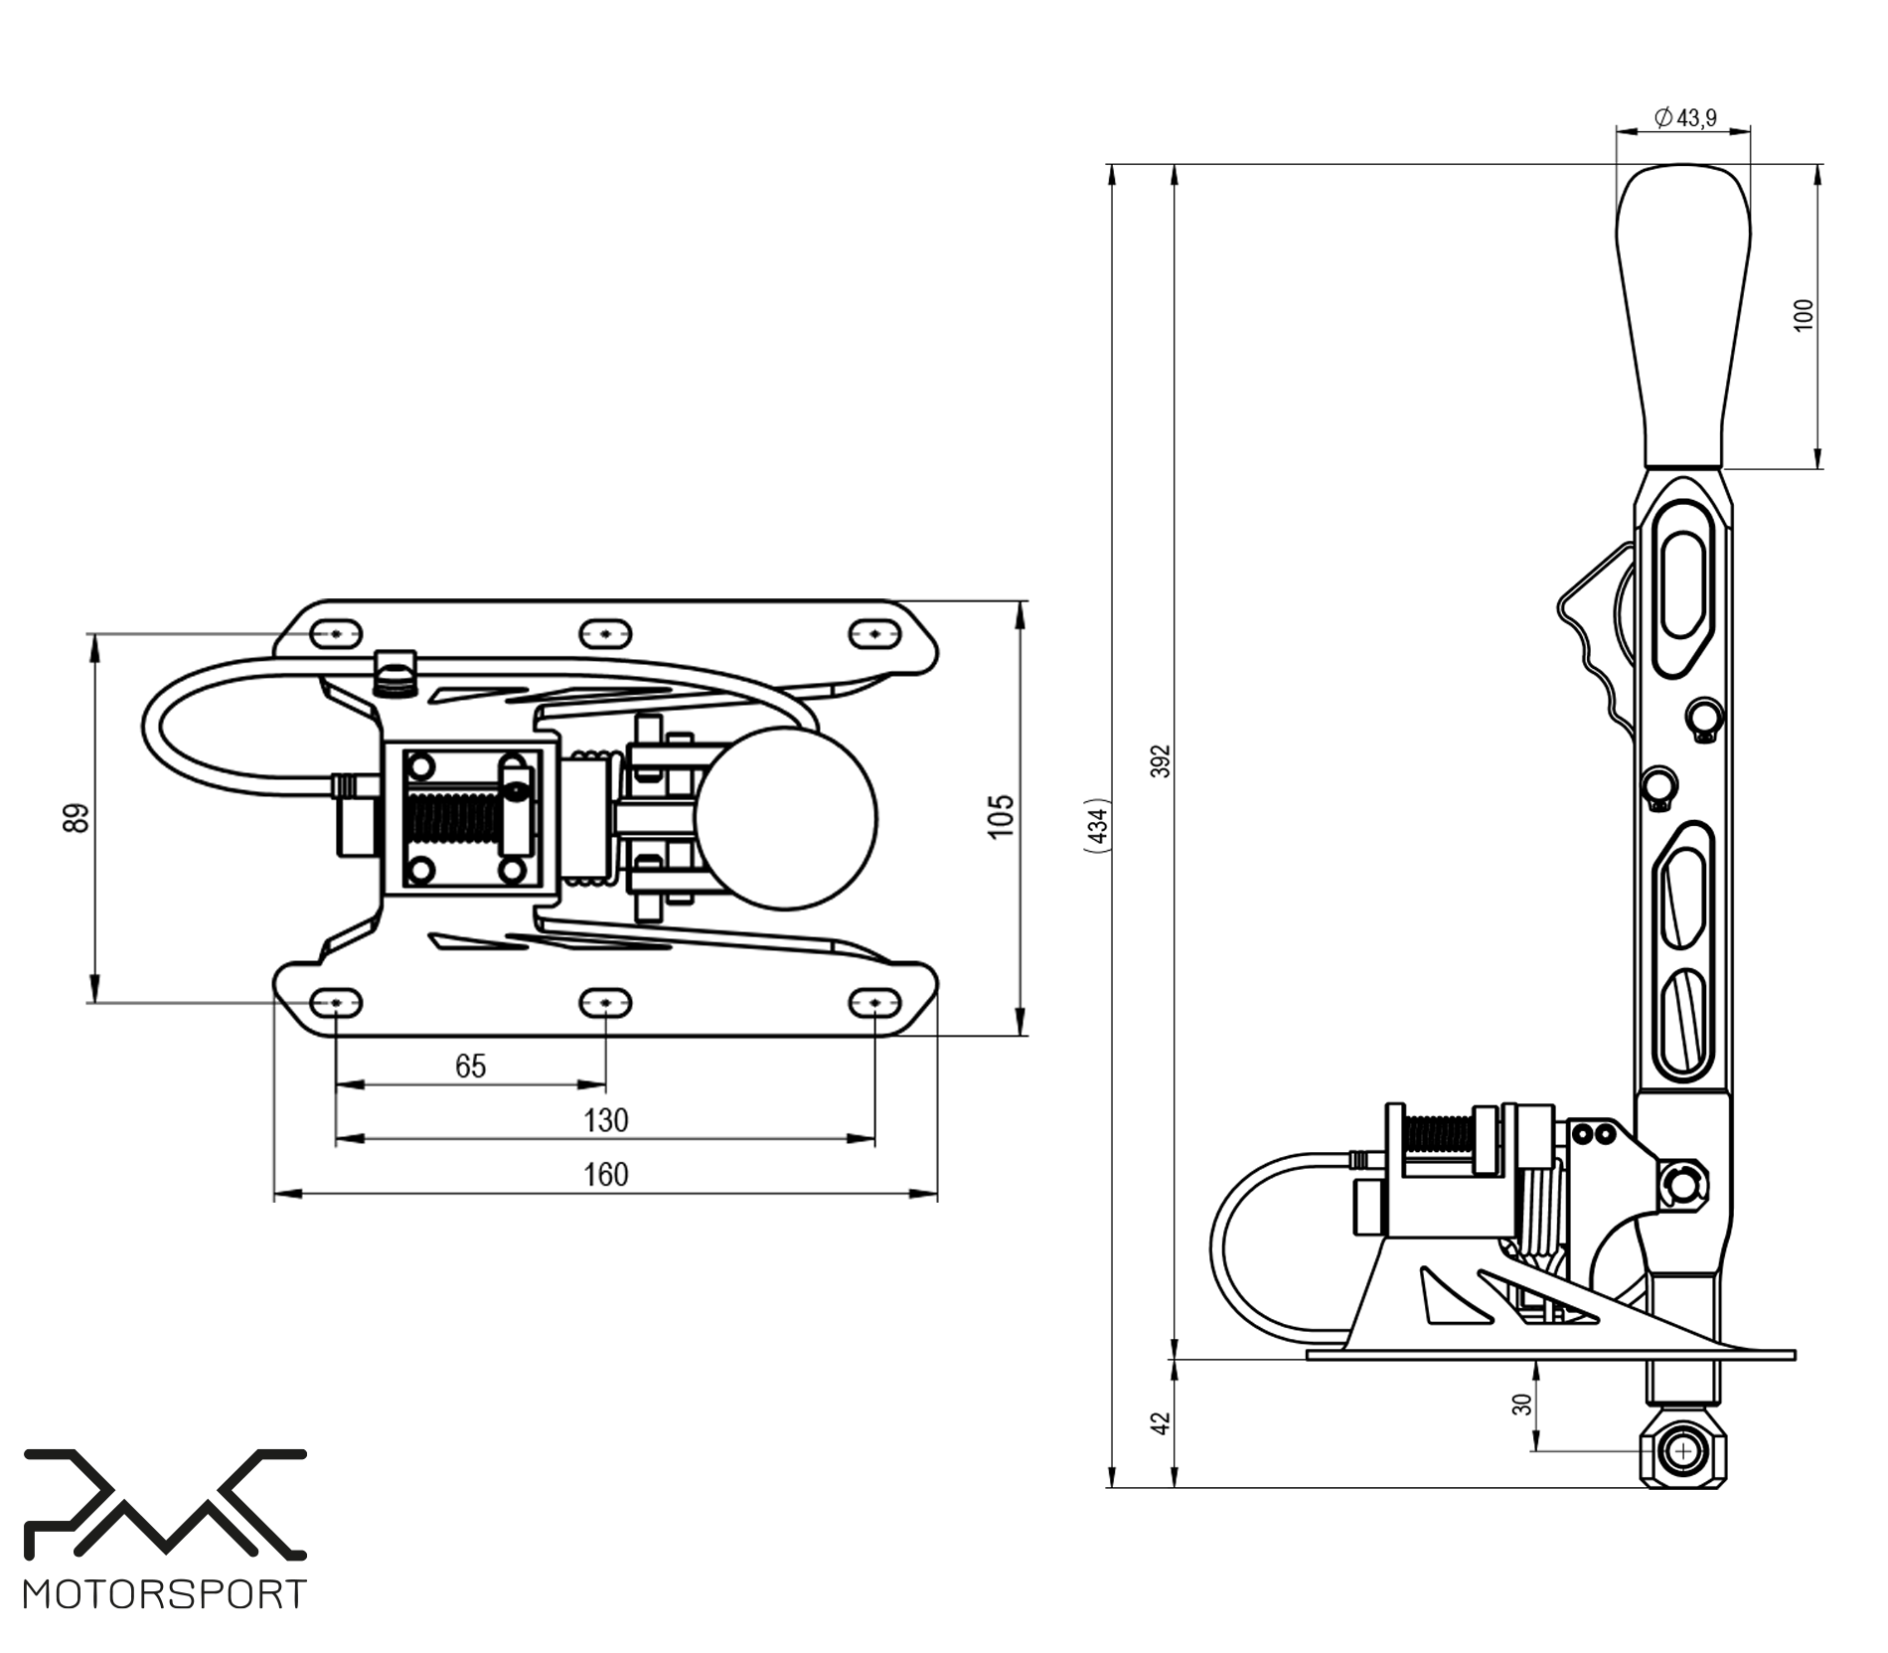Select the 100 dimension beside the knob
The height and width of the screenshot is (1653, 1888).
coord(1805,314)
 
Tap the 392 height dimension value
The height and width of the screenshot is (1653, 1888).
coord(1162,760)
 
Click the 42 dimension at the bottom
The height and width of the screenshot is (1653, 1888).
coord(1160,1423)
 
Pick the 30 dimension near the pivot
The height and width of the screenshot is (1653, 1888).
coord(1521,1404)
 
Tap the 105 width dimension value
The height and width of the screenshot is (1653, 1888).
coord(1001,816)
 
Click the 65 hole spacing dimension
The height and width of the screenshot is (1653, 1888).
coord(470,1067)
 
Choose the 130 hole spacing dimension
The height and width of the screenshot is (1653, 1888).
coord(605,1121)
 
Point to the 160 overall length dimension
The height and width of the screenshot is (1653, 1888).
coord(605,1175)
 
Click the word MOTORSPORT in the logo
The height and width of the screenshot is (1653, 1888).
coord(165,1594)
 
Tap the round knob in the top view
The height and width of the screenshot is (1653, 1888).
coord(786,818)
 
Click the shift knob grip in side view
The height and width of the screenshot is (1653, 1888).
coord(1682,318)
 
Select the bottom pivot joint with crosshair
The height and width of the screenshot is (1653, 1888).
coord(1683,1452)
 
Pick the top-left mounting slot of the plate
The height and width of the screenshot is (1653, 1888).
coord(337,633)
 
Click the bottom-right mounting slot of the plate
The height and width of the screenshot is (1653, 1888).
coord(873,1004)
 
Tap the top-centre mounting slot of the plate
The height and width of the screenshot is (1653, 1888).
coord(605,633)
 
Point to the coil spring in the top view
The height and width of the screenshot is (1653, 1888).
coord(452,818)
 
